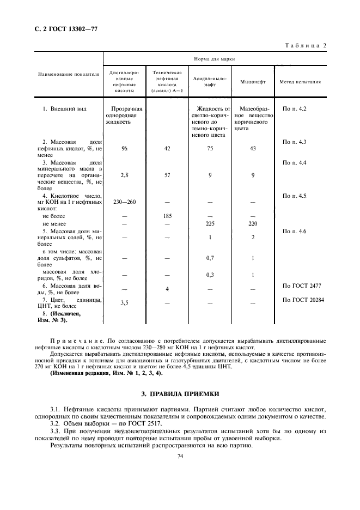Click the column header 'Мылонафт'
tap(253, 82)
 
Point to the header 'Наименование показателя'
tap(69, 75)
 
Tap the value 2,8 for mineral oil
tap(125, 175)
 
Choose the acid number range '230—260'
tap(125, 202)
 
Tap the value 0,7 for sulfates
tap(210, 258)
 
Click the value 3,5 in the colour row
tap(125, 302)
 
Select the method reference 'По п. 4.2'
tap(295, 109)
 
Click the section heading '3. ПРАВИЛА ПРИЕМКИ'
tap(180, 393)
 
